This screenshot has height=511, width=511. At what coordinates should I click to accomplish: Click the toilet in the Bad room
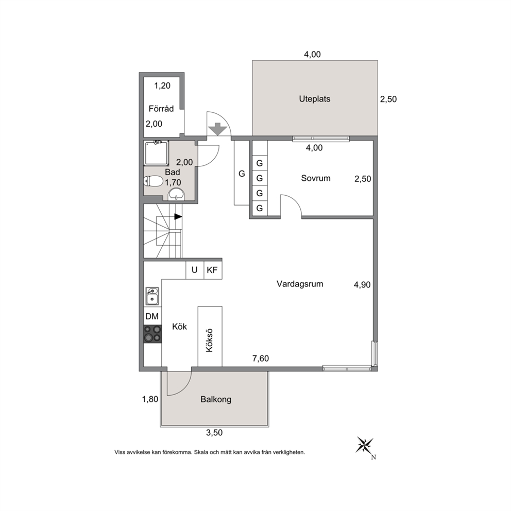(153, 181)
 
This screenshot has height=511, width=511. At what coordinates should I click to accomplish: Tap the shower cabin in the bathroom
(157, 153)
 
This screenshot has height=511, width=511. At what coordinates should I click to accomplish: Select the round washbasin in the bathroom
(176, 194)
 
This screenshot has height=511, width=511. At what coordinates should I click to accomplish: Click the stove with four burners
(152, 334)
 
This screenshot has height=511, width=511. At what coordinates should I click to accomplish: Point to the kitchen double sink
(152, 296)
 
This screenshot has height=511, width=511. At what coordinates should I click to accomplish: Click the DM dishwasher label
(152, 316)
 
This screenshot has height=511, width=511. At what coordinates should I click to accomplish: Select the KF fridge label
(212, 270)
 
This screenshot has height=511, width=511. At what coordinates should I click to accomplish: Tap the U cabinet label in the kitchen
(195, 270)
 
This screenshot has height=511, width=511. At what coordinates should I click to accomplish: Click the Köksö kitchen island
(210, 336)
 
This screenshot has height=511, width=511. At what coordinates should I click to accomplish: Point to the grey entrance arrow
(218, 129)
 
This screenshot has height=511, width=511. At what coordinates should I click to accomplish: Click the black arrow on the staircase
(178, 216)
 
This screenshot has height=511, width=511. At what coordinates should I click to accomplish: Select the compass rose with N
(365, 446)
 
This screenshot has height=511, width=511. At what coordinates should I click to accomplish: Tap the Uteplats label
(315, 99)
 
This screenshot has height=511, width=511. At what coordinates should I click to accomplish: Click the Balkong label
(216, 399)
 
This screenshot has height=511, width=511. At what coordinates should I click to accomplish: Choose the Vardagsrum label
(300, 284)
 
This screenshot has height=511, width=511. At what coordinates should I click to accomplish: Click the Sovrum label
(315, 178)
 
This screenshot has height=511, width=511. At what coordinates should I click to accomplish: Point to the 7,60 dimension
(261, 359)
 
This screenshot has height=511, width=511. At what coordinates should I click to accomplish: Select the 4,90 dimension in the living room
(363, 285)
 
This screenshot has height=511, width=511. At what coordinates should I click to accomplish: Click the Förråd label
(161, 108)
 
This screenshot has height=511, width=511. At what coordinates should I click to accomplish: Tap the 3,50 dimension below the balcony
(214, 433)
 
